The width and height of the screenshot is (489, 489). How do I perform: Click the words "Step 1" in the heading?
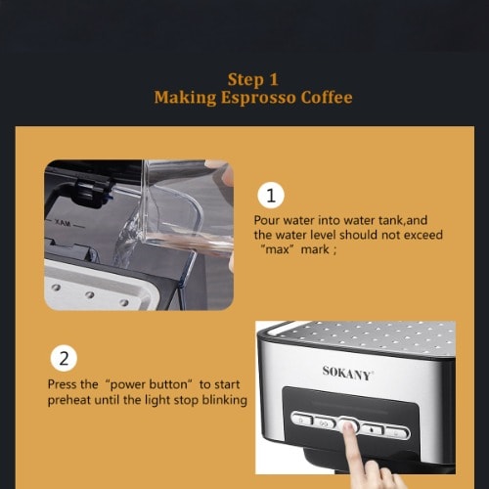coord(253,80)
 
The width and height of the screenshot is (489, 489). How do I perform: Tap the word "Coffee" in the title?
coord(327,97)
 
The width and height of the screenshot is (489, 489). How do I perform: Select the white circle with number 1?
coord(271,196)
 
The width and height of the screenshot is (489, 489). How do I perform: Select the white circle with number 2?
coord(64,358)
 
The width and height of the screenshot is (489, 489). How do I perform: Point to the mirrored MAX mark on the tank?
coord(63,224)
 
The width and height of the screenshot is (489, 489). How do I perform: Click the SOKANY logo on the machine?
coord(347,374)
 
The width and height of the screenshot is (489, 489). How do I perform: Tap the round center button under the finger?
coord(348,424)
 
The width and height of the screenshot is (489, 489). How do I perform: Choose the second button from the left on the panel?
coord(325,422)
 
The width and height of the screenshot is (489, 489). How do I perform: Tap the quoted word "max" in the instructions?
coord(277,249)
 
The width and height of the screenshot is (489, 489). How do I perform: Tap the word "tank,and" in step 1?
coord(403,221)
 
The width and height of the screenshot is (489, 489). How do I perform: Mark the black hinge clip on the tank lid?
coord(92,193)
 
